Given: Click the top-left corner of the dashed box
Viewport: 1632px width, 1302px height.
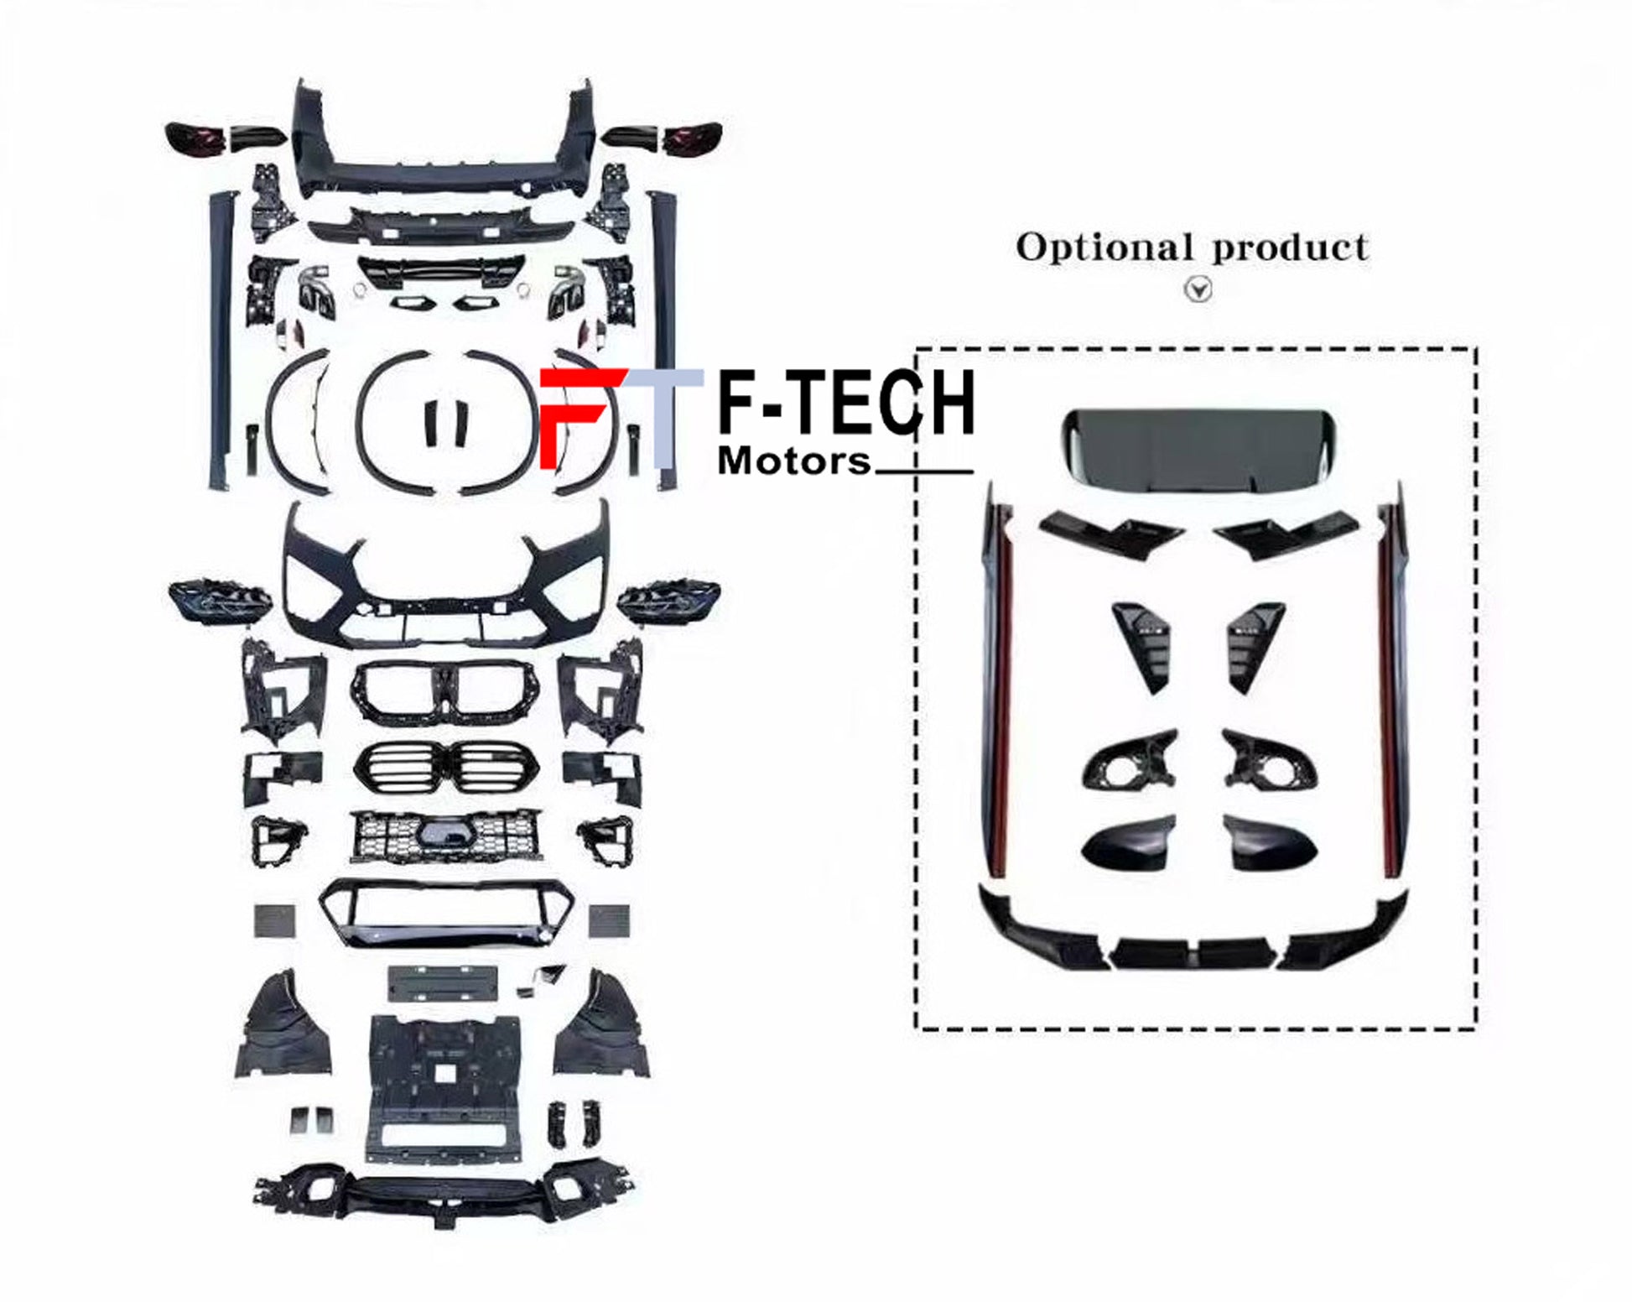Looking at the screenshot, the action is pyautogui.click(x=917, y=349).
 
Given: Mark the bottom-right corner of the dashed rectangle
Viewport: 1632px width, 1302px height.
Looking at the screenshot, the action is pyautogui.click(x=1475, y=1029).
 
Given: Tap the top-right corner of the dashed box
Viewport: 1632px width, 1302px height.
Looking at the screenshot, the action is pyautogui.click(x=1475, y=349).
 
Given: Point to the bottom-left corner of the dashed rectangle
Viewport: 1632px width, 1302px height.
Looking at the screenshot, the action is pyautogui.click(x=917, y=1029).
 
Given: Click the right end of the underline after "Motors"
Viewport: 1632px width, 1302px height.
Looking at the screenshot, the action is pyautogui.click(x=973, y=471).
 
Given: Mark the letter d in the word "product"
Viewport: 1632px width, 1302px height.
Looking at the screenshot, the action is pyautogui.click(x=1270, y=247).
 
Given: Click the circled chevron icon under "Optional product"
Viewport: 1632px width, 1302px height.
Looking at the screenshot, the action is pyautogui.click(x=1198, y=289).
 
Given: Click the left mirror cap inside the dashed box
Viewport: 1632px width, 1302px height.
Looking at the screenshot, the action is pyautogui.click(x=1129, y=842).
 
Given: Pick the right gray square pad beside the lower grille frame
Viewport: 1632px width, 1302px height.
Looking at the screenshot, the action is pyautogui.click(x=610, y=920).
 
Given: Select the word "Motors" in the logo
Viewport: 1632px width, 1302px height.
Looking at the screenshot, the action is pyautogui.click(x=794, y=461).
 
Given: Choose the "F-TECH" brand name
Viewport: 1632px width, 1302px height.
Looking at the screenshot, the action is pyautogui.click(x=846, y=404).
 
